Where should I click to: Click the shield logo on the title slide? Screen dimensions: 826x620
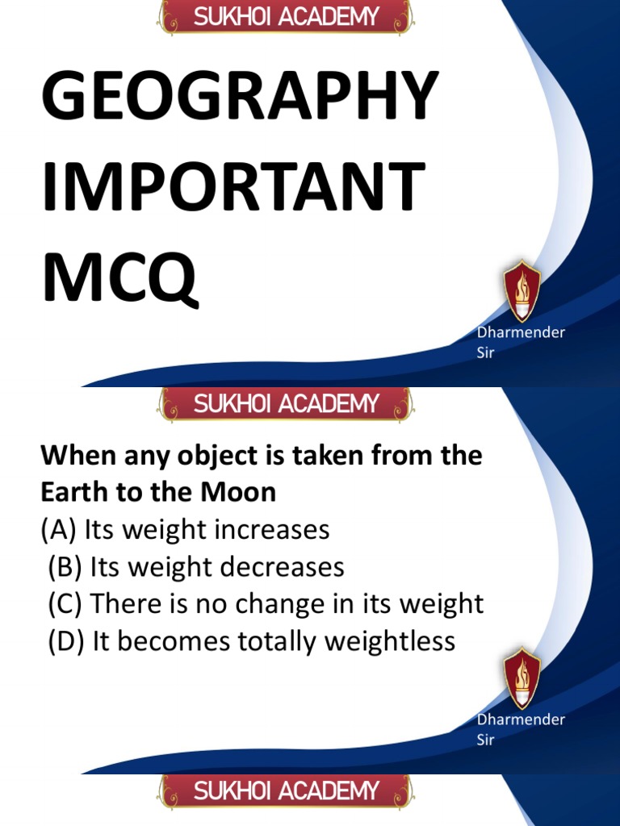point(522,291)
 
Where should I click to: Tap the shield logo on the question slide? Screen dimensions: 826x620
point(522,678)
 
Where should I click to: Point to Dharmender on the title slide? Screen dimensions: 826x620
point(521,332)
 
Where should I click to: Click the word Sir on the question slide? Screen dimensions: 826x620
point(485,740)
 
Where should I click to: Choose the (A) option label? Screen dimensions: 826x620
point(59,530)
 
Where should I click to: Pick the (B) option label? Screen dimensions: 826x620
point(65,567)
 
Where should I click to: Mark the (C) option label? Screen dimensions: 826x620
point(65,604)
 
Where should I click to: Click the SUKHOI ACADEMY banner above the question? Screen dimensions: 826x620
point(286,404)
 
